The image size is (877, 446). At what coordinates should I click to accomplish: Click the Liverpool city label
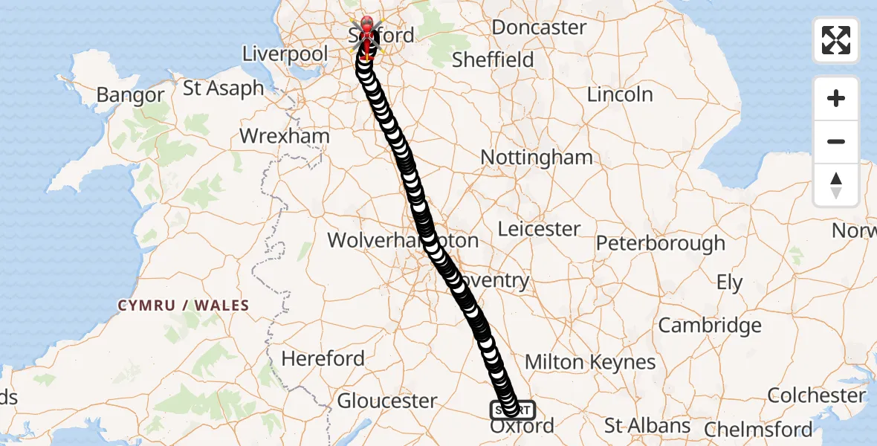(x=285, y=54)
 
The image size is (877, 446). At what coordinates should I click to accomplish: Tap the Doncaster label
(x=539, y=27)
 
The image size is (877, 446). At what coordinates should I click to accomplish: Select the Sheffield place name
(x=493, y=59)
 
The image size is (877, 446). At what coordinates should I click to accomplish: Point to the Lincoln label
(x=620, y=94)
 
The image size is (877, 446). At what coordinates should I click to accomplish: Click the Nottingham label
(x=537, y=157)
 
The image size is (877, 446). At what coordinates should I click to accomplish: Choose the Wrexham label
(x=285, y=136)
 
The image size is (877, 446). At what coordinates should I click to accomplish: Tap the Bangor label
(x=130, y=94)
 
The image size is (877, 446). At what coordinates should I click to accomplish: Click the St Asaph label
(x=223, y=88)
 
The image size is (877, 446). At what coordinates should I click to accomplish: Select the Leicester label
(x=539, y=228)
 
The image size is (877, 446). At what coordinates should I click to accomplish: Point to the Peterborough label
(x=660, y=243)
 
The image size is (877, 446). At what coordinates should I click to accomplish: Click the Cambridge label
(x=710, y=325)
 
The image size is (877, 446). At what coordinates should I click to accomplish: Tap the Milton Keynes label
(x=590, y=362)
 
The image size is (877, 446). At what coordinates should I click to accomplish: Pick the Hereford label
(x=323, y=358)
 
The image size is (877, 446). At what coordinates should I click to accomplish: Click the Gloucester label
(x=387, y=401)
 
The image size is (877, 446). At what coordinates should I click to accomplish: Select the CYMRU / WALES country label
(x=183, y=306)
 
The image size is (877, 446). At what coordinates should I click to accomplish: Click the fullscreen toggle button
(x=836, y=40)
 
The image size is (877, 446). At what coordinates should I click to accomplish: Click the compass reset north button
(x=836, y=185)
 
